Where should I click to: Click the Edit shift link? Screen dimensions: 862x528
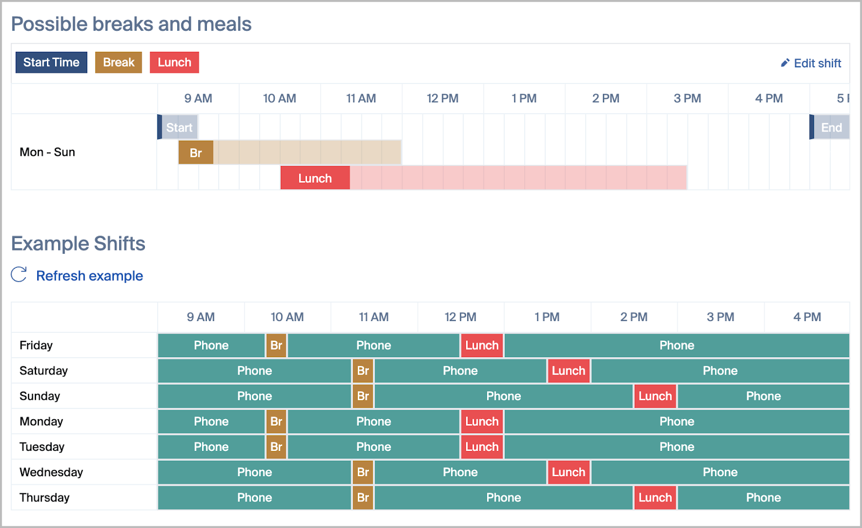(811, 63)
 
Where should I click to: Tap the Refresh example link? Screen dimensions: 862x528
(77, 275)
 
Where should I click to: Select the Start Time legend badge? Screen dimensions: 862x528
(51, 62)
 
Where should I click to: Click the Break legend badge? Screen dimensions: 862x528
(119, 62)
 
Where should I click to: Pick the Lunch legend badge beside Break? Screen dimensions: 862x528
(175, 62)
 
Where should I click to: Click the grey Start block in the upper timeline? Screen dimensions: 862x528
(178, 127)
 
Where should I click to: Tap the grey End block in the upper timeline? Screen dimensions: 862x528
(829, 127)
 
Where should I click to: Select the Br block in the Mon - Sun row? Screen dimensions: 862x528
(196, 152)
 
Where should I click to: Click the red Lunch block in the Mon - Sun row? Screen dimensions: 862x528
(315, 178)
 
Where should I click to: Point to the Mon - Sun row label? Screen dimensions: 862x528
(47, 152)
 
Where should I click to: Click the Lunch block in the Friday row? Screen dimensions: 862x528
(482, 345)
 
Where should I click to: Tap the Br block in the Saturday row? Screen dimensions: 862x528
(363, 371)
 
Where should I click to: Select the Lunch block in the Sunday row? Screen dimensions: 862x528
(655, 396)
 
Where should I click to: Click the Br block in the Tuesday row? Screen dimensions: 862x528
(276, 447)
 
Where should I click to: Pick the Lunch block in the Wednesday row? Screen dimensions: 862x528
(569, 472)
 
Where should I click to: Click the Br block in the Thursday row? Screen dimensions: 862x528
(363, 498)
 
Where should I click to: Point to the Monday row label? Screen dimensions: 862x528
(41, 421)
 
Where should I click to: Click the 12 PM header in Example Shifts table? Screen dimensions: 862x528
(460, 317)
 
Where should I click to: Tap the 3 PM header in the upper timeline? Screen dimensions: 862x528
(687, 98)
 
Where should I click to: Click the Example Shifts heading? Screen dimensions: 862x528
(78, 244)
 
